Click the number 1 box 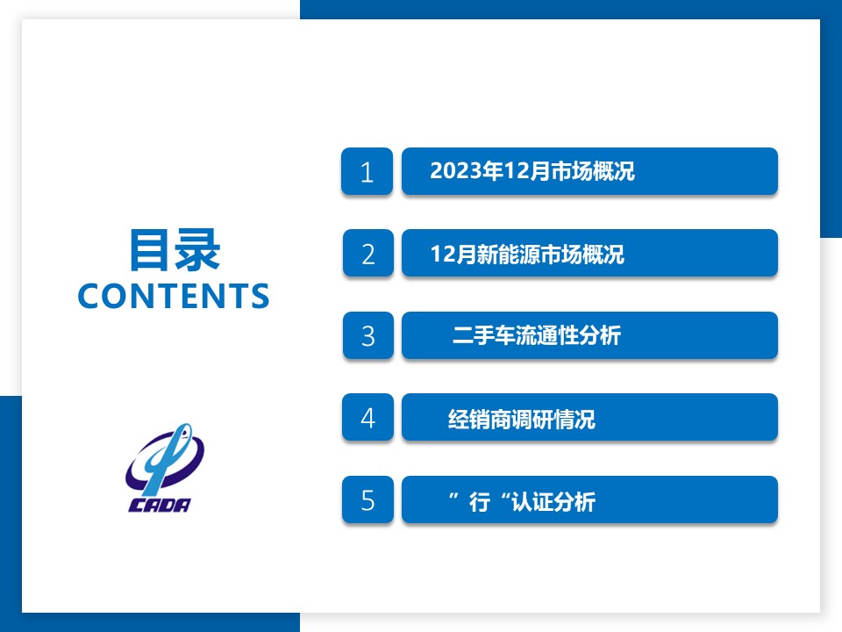(367, 171)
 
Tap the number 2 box (367, 253)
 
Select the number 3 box (367, 335)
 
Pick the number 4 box (367, 418)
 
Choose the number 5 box (367, 499)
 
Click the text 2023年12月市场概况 (532, 171)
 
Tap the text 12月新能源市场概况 (527, 254)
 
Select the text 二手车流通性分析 (537, 335)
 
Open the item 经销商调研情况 (521, 419)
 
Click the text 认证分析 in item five (553, 502)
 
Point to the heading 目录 (175, 250)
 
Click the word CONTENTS (174, 296)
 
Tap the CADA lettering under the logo (160, 505)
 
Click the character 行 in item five (480, 502)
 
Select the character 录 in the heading (198, 250)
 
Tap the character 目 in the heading (150, 250)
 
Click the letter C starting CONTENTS (89, 296)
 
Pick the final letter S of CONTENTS (260, 296)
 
